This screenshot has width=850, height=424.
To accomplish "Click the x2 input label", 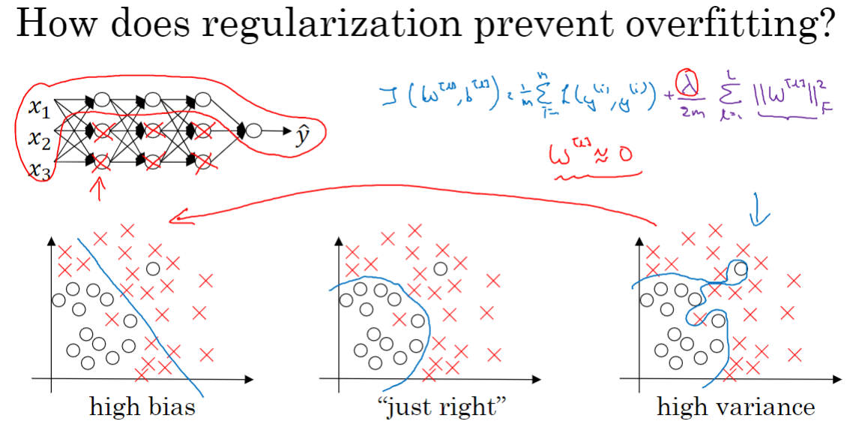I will tap(40, 139).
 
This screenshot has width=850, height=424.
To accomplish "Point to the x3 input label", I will tap(40, 170).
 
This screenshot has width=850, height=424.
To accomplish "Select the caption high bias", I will tap(142, 407).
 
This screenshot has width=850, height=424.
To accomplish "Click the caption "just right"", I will tap(438, 407).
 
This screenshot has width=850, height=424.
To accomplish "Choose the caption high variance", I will tap(735, 407).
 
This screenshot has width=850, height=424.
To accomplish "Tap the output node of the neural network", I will tap(253, 130).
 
